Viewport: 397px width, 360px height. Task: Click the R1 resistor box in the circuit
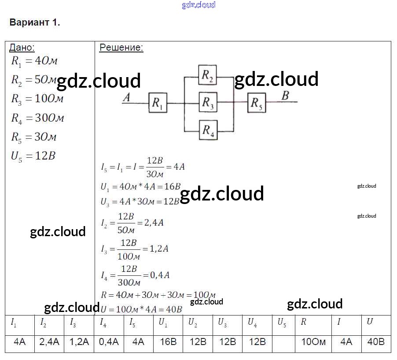coord(157,103)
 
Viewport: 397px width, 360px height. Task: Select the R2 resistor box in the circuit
coord(207,76)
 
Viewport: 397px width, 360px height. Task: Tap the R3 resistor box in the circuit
coord(207,103)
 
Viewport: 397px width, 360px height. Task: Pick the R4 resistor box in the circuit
coord(207,130)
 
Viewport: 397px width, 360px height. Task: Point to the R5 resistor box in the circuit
coord(256,103)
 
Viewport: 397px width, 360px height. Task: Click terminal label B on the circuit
coord(285,96)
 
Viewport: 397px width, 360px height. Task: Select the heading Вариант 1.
coord(35,23)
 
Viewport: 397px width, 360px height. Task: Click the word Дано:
coord(22,48)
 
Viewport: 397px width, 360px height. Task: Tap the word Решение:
coord(121,48)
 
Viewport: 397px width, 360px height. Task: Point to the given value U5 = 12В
coord(33,156)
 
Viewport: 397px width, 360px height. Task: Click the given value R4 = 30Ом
coord(37,118)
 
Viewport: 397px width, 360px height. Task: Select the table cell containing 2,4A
coord(49,342)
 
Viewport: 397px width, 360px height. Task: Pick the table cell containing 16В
coord(168,342)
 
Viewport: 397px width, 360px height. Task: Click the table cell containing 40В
coord(375,342)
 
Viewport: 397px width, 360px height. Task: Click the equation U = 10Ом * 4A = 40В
coord(142,308)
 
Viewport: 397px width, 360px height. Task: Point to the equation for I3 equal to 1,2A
coord(135,249)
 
